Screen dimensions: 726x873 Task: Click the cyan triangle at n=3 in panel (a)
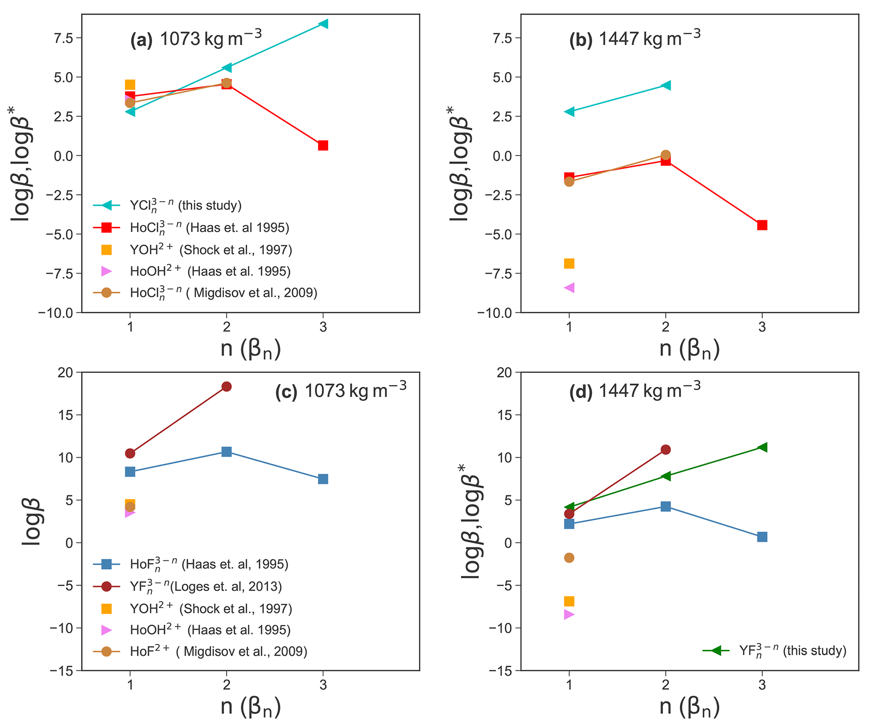tap(323, 24)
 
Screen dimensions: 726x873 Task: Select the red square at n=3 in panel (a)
tap(323, 145)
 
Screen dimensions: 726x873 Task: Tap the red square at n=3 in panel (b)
tap(762, 225)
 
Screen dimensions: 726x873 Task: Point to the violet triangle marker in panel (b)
tap(569, 288)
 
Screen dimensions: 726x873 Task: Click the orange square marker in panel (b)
tap(569, 264)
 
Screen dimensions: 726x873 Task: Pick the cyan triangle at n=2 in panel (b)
tap(666, 85)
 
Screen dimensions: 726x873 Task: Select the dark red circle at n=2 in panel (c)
tap(226, 386)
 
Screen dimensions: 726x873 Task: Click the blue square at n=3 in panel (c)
tap(323, 479)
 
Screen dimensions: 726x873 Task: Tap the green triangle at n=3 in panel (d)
tap(762, 447)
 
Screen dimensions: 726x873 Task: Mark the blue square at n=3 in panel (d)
tap(762, 537)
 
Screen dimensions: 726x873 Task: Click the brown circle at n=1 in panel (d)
tap(569, 558)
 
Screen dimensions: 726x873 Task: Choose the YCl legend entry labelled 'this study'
tap(185, 205)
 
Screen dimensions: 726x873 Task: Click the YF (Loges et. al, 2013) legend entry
tap(206, 587)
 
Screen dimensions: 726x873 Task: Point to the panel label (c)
tap(286, 393)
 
